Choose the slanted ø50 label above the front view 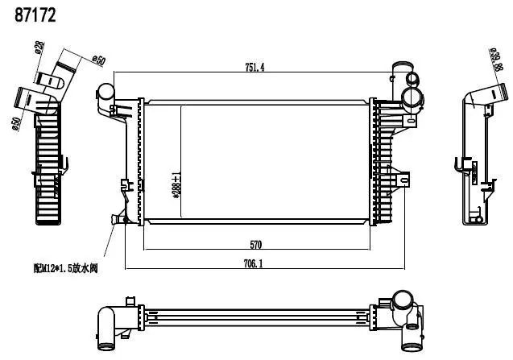pyautogui.click(x=98, y=60)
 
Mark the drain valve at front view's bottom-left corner pyautogui.click(x=121, y=218)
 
